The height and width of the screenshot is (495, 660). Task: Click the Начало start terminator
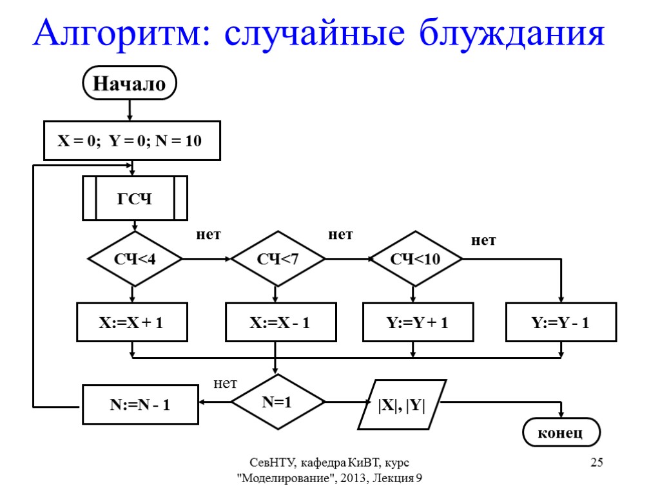click(130, 83)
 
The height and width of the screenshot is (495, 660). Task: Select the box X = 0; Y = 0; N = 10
click(131, 141)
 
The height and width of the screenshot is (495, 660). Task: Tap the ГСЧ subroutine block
click(135, 199)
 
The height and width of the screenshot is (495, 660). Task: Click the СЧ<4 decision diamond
click(135, 259)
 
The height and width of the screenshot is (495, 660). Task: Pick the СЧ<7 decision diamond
click(278, 259)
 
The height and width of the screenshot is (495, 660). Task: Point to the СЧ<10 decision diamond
click(415, 259)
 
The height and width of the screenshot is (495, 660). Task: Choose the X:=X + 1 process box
click(131, 322)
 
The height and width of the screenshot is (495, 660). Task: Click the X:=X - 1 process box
click(280, 322)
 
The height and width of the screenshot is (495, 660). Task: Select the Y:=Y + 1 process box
click(418, 322)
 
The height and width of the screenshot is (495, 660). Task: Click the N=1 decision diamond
click(277, 402)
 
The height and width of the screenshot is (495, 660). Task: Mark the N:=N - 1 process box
click(139, 404)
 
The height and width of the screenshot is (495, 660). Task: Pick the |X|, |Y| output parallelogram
click(402, 404)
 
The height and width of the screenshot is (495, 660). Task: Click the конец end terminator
click(561, 432)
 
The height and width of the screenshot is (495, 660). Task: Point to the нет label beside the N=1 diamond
click(226, 384)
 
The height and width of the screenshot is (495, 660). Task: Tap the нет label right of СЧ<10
click(483, 240)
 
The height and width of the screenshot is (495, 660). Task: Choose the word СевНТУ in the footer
click(273, 462)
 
